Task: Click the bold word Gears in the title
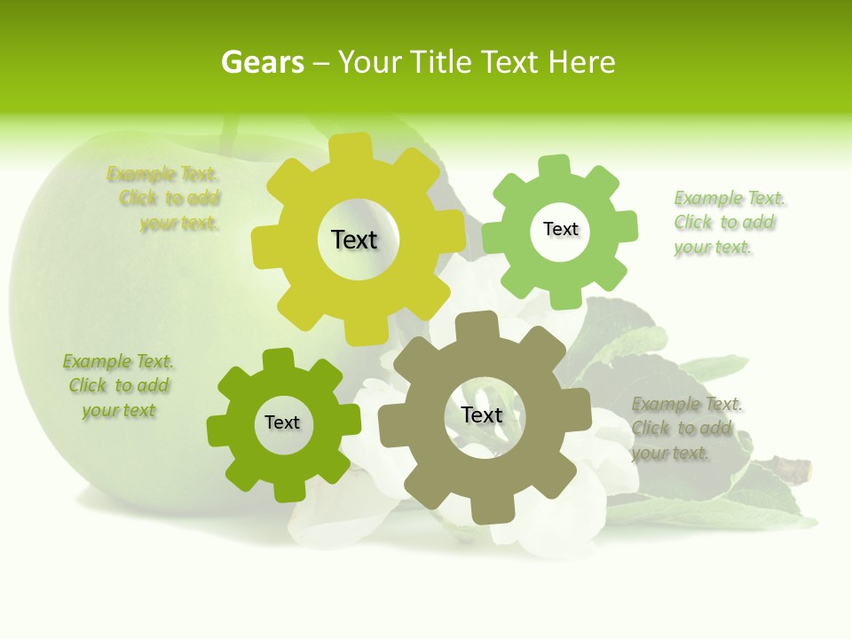tap(262, 62)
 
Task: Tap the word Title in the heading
tap(441, 62)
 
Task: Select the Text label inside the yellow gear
tap(354, 240)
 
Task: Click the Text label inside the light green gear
tap(560, 229)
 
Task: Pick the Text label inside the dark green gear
tap(282, 422)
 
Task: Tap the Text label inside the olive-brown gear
tap(482, 414)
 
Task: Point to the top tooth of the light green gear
tap(555, 166)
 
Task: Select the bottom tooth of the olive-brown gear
tap(487, 509)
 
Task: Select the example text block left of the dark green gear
tap(118, 386)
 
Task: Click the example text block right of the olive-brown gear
tap(685, 429)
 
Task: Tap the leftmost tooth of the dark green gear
tap(218, 429)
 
